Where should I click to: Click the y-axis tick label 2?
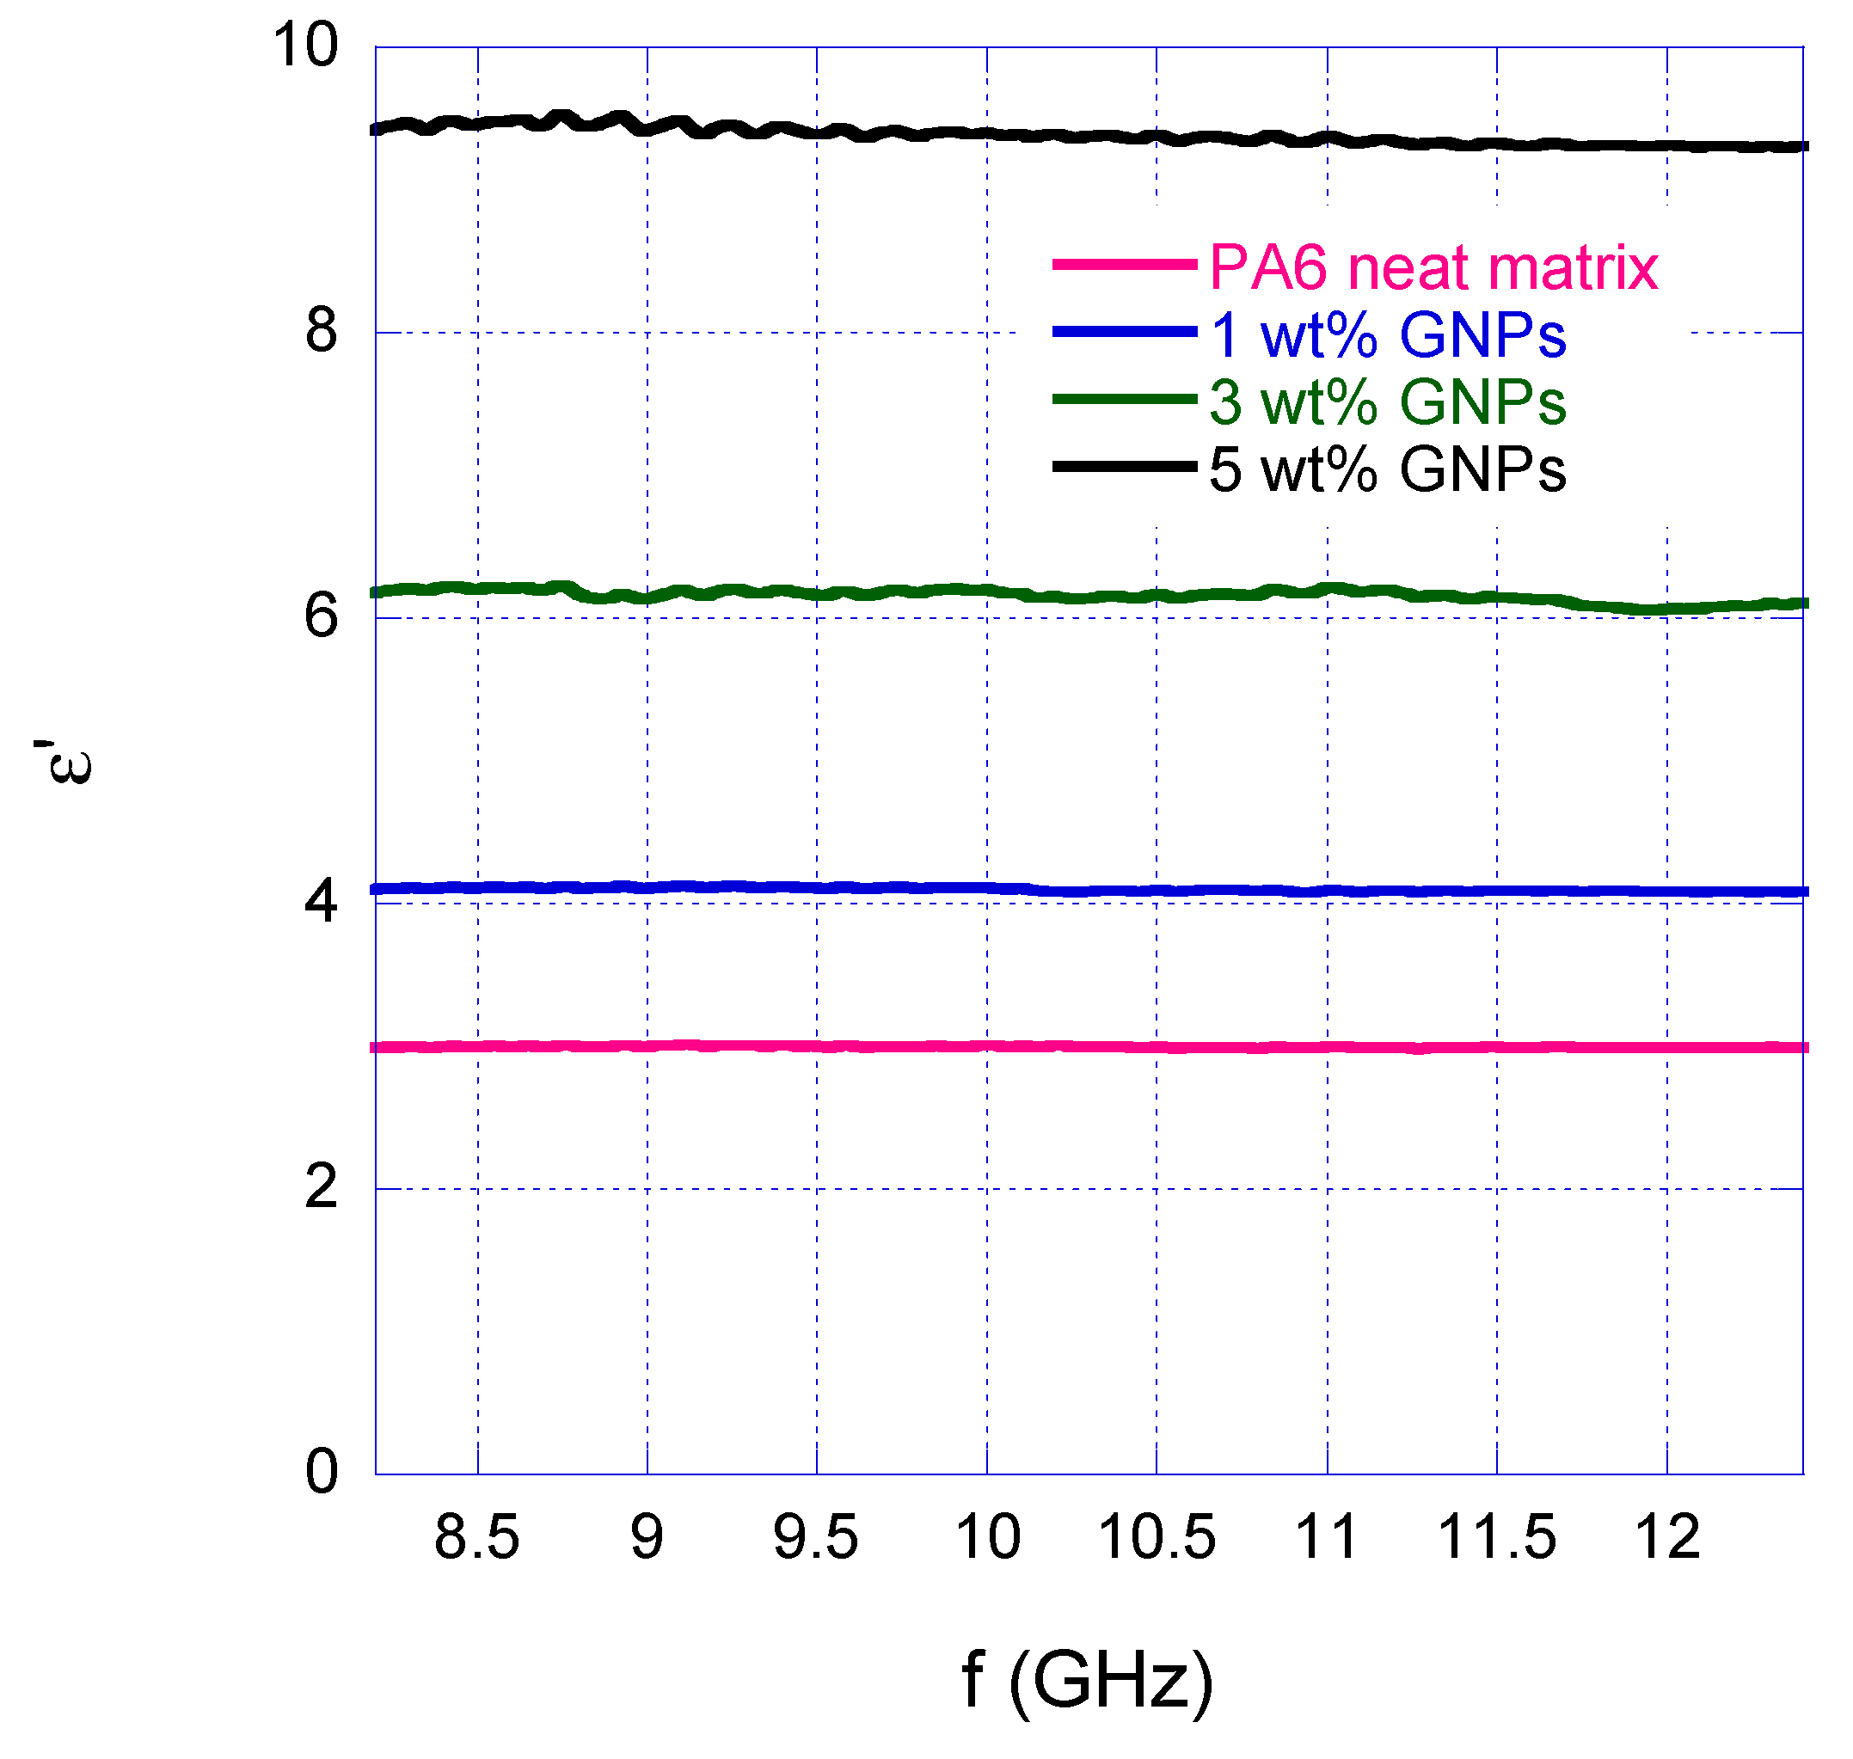tap(322, 1187)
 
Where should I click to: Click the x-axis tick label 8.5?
tap(476, 1539)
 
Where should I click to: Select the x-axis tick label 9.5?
tap(815, 1539)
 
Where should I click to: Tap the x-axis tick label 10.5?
tap(1157, 1539)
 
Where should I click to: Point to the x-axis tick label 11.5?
tap(1497, 1539)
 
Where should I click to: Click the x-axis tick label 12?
tap(1667, 1539)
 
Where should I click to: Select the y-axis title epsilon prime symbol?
tap(64, 762)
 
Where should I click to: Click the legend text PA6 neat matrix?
tap(1433, 267)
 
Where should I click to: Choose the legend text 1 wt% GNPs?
tap(1387, 334)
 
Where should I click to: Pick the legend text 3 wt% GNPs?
tap(1387, 402)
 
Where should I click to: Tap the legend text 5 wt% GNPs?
tap(1387, 469)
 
